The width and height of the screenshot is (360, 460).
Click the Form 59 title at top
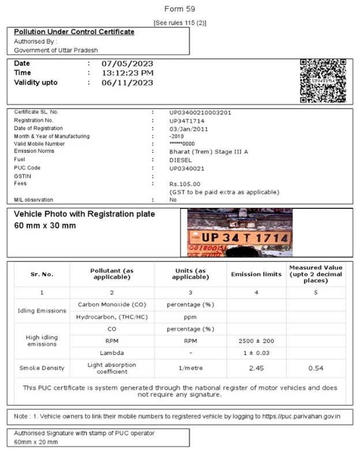(x=179, y=9)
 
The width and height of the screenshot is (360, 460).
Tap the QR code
(x=322, y=81)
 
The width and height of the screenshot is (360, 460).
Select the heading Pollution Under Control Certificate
(x=74, y=32)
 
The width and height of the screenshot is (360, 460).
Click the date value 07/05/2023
(x=127, y=63)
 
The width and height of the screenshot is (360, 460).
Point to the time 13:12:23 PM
(x=127, y=73)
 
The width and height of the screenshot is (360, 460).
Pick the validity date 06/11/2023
(x=127, y=83)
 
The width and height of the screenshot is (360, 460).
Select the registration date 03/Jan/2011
(x=189, y=129)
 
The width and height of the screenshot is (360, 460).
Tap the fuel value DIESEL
(x=181, y=160)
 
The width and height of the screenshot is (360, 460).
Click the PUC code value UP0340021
(x=187, y=168)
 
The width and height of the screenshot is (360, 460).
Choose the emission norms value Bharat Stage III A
(x=207, y=151)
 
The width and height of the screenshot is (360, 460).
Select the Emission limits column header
(x=256, y=274)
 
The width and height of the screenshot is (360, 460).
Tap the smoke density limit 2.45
(x=256, y=367)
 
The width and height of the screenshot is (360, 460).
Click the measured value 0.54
(x=316, y=367)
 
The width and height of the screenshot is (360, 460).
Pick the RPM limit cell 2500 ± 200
(x=256, y=341)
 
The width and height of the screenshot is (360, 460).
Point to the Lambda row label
(x=112, y=351)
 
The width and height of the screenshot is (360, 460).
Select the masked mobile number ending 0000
(x=182, y=144)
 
